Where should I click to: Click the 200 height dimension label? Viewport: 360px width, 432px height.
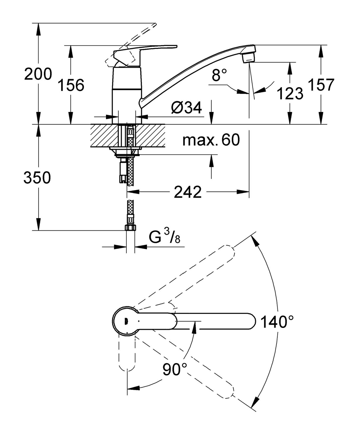[x=38, y=74]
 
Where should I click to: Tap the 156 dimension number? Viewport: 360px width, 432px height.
[x=71, y=85]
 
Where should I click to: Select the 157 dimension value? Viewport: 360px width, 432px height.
[x=321, y=84]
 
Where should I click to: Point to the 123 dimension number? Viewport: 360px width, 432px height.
[x=290, y=93]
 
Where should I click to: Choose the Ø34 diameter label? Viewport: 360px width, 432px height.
[x=186, y=108]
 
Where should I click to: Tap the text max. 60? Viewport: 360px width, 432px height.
[x=211, y=140]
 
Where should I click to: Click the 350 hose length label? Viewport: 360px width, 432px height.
[x=37, y=177]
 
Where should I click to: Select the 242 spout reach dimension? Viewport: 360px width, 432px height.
[x=188, y=192]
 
